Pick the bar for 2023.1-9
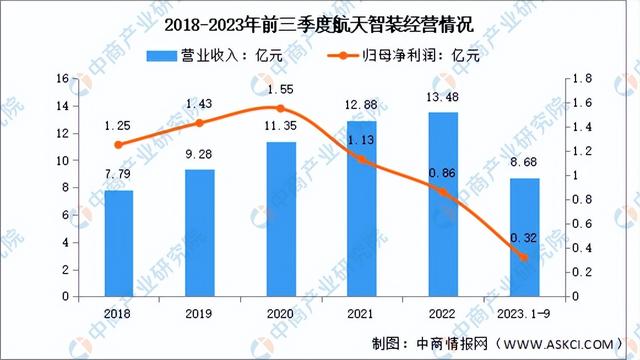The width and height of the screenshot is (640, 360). pyautogui.click(x=525, y=237)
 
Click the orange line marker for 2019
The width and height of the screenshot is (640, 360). pyautogui.click(x=200, y=123)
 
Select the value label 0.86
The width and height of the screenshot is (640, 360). pyautogui.click(x=444, y=172)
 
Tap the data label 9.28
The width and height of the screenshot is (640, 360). pyautogui.click(x=200, y=159)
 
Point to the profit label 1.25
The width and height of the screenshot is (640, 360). pyautogui.click(x=118, y=126)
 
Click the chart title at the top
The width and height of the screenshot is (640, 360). pyautogui.click(x=320, y=22)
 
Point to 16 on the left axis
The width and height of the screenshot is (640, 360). pyautogui.click(x=62, y=78)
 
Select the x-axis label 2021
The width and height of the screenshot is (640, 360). pyautogui.click(x=363, y=313)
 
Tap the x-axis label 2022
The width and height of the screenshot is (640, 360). pyautogui.click(x=444, y=313)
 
